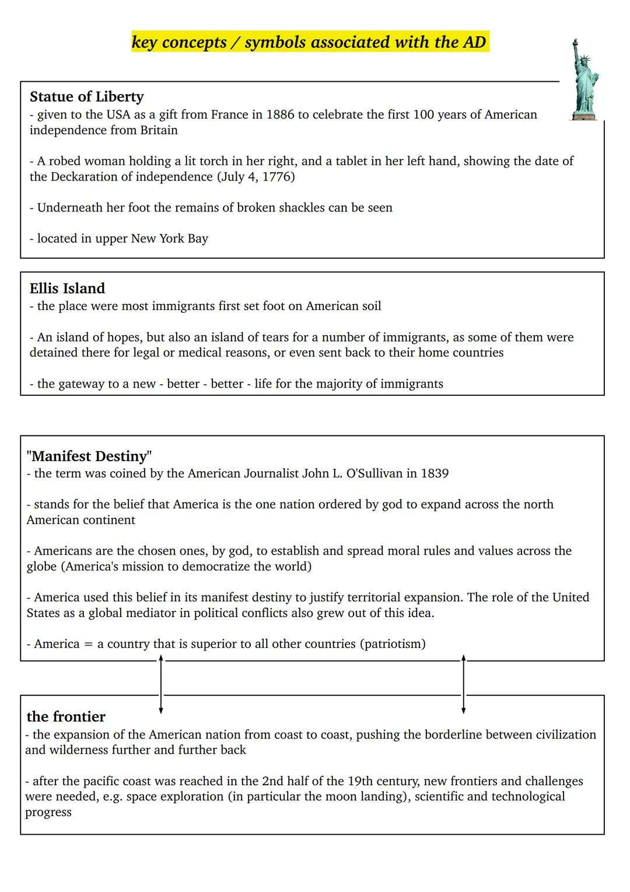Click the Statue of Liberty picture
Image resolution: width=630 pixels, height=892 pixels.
coord(584,81)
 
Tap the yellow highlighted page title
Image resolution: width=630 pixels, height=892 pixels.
coord(309,42)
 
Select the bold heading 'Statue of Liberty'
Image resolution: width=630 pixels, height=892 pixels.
coord(86,97)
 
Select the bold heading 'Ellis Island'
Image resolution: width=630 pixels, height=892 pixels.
coord(67,288)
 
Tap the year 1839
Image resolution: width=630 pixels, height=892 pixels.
coord(435,473)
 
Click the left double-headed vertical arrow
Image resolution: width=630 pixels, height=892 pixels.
coord(161,684)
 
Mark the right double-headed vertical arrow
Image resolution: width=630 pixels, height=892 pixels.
coord(464,684)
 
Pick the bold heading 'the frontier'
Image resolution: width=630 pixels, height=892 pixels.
coord(66,717)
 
